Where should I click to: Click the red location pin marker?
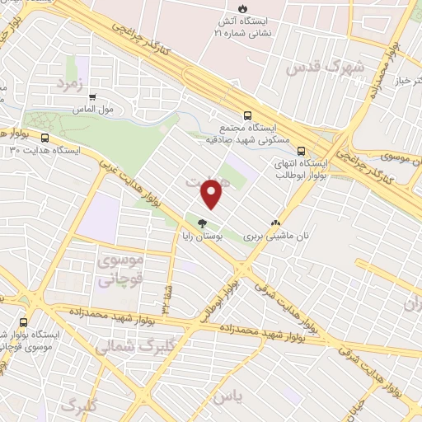click(213, 194)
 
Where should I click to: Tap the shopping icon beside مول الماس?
click(93, 96)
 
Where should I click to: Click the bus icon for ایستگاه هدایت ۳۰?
click(45, 138)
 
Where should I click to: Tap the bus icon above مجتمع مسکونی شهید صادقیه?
click(247, 116)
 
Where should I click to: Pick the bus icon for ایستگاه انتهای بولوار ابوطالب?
click(301, 151)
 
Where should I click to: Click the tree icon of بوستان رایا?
click(203, 223)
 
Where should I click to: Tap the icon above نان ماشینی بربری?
click(275, 223)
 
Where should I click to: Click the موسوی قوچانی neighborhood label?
click(120, 270)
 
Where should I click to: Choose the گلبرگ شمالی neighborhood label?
click(124, 348)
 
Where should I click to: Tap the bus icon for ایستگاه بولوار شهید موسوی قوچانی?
click(23, 321)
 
